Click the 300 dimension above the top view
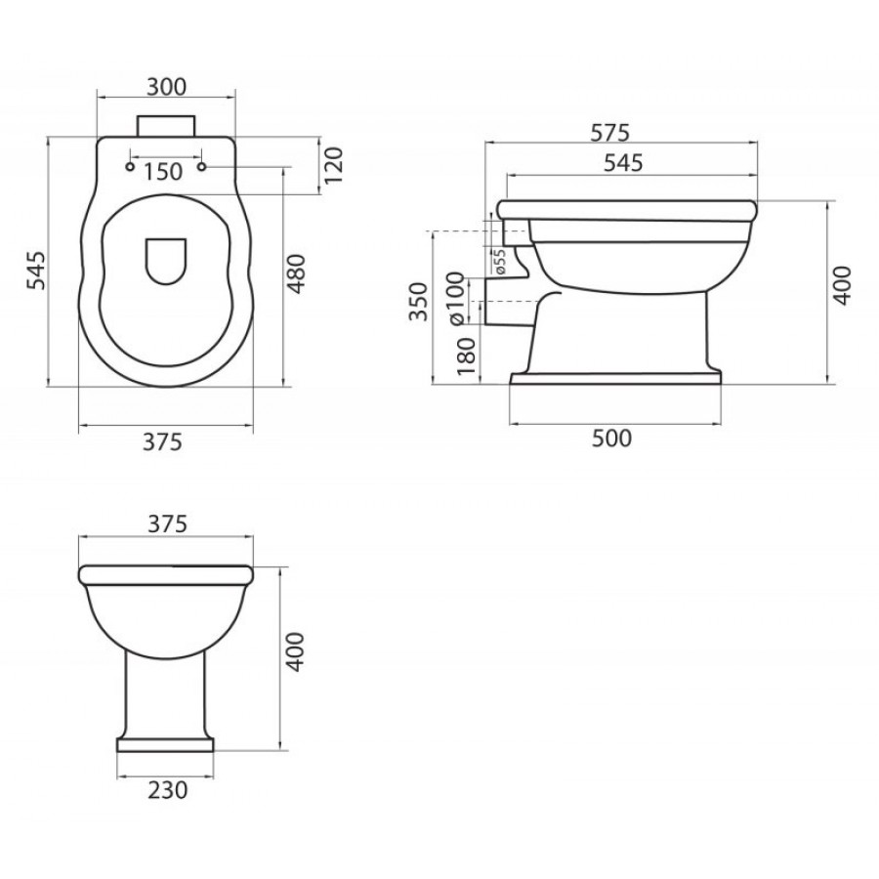click(x=166, y=87)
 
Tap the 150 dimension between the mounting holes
click(x=162, y=172)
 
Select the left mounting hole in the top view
click(x=130, y=166)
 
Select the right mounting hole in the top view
click(x=202, y=166)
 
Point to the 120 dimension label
click(x=333, y=165)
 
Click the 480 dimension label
click(x=297, y=273)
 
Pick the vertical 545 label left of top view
click(x=36, y=271)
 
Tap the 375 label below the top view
click(x=162, y=441)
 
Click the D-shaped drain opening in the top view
click(x=166, y=261)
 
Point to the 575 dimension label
click(x=610, y=132)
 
